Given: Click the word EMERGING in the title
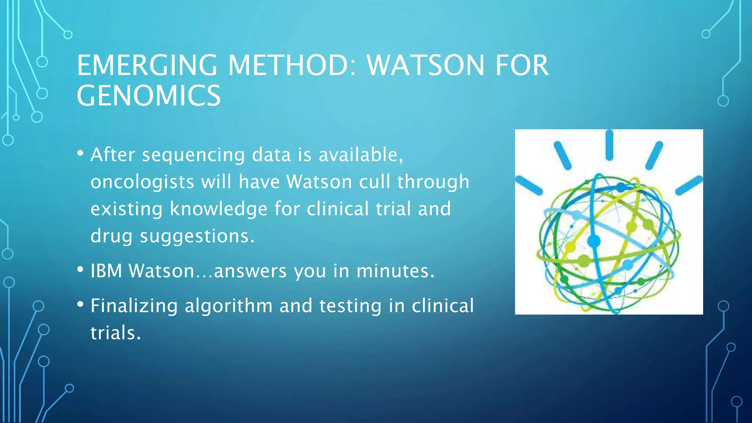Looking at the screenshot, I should (x=147, y=65).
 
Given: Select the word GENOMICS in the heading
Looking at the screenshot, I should (x=149, y=96).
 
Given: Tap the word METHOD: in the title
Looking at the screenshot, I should (x=292, y=65).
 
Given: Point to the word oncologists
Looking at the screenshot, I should (x=142, y=182).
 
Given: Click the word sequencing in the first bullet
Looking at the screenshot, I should (x=193, y=155).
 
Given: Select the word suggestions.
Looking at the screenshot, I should (x=197, y=236).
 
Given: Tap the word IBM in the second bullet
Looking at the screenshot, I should (x=106, y=271).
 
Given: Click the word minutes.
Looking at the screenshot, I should (x=395, y=271).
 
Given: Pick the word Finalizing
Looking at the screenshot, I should (x=134, y=306).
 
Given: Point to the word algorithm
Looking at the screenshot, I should (x=228, y=306).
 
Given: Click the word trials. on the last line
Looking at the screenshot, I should (x=116, y=333).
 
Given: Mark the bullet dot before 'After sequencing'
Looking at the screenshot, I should (x=80, y=153).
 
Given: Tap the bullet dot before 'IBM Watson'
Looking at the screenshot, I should (x=80, y=270).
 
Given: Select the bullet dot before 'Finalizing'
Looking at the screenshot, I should (x=80, y=304).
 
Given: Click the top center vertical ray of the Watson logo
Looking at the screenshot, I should (x=609, y=145).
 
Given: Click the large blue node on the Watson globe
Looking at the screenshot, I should (x=594, y=241).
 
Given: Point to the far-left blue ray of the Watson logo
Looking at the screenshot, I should (x=529, y=185).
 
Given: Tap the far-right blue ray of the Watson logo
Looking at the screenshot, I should (x=689, y=185).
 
